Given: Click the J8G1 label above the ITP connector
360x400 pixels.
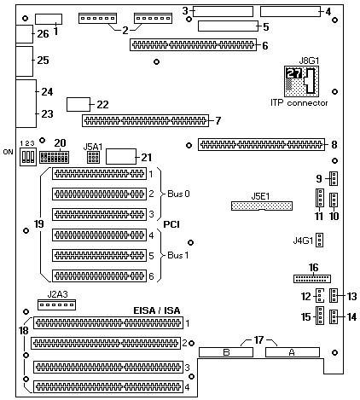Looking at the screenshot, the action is [x=309, y=61].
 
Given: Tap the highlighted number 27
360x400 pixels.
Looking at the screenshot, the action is [x=294, y=73].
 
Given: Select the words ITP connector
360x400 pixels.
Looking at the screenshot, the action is [x=299, y=102].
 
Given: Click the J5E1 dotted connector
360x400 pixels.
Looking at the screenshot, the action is [x=262, y=206].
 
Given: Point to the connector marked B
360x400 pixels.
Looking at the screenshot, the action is [x=226, y=352].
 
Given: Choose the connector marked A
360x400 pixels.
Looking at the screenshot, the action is [x=293, y=352].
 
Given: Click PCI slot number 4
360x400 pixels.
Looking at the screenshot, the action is [x=99, y=235].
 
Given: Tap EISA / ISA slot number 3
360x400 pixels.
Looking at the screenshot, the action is [x=108, y=367].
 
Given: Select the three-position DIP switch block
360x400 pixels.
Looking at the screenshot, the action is [x=28, y=156].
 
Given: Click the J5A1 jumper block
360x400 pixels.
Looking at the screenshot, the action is [x=93, y=157].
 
